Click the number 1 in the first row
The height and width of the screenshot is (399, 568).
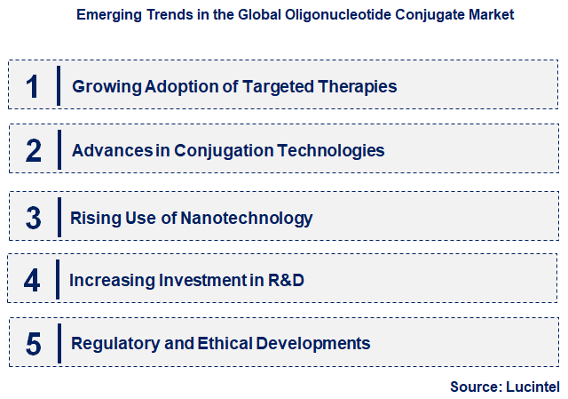(x=33, y=86)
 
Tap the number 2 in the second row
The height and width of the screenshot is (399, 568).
(x=34, y=150)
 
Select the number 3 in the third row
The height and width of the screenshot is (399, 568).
(x=34, y=218)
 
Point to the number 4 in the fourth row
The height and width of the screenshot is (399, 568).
(x=32, y=281)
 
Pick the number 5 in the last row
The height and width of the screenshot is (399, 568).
(x=34, y=344)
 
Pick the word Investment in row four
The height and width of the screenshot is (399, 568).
(x=203, y=281)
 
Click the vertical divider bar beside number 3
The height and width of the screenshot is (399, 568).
(x=59, y=218)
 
